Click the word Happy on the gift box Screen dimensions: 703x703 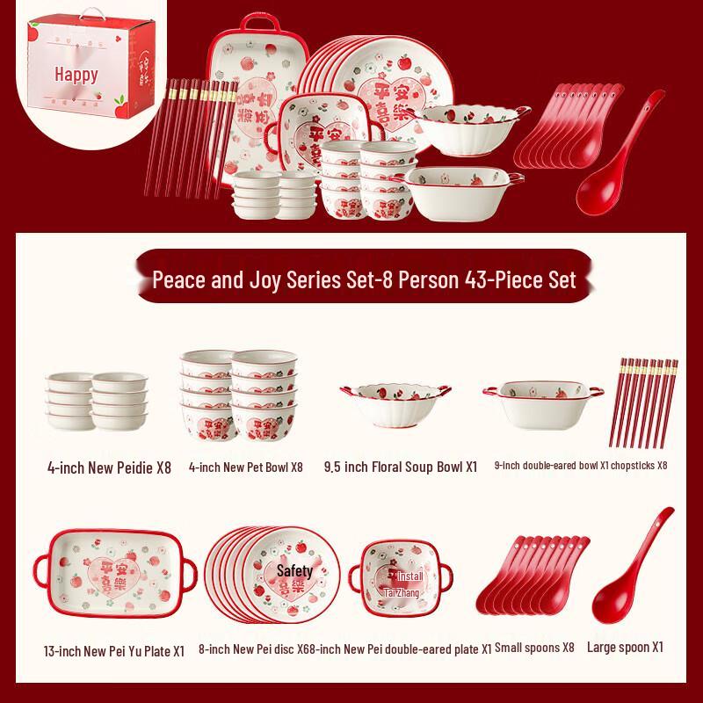76,75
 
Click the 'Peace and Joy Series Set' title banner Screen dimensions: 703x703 364,280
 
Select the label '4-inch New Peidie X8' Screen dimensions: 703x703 109,467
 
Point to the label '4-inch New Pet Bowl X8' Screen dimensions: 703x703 245,467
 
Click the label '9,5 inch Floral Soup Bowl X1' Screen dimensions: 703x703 400,467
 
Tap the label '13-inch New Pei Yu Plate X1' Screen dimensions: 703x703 113,651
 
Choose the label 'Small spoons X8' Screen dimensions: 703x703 533,648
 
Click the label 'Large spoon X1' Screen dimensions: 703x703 625,647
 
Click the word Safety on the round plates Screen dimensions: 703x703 294,571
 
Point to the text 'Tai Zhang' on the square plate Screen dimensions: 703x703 402,593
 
